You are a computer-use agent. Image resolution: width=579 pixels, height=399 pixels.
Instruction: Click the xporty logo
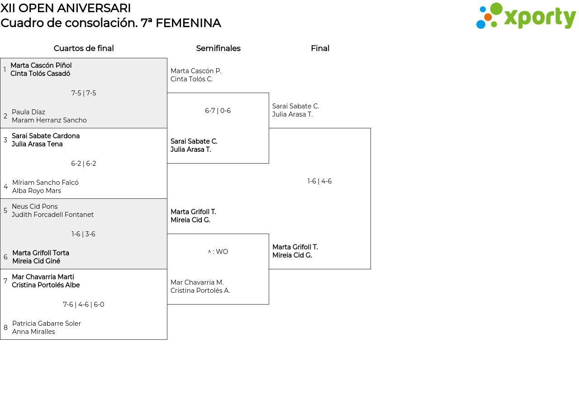(526, 16)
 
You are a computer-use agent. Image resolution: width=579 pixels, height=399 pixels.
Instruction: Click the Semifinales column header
(218, 48)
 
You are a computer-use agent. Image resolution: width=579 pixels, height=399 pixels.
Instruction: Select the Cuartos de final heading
(84, 48)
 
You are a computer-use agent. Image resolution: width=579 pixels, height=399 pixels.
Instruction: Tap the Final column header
(320, 48)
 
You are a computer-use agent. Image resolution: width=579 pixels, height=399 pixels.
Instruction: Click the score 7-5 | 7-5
(84, 93)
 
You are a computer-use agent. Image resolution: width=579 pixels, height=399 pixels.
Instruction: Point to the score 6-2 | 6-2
(84, 164)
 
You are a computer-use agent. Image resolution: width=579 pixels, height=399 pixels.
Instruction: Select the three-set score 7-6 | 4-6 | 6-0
(84, 305)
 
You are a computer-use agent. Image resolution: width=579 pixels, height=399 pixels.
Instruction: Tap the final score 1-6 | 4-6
(319, 181)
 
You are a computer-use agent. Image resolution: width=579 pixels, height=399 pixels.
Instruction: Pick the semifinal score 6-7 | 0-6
(218, 111)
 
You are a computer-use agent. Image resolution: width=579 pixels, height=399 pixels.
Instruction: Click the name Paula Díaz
(28, 112)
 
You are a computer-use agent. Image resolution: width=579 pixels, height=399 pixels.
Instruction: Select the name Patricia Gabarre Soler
(47, 324)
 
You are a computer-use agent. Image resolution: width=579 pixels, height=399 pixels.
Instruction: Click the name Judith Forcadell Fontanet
(53, 215)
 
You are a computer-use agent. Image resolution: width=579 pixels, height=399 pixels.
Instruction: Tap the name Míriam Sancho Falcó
(45, 182)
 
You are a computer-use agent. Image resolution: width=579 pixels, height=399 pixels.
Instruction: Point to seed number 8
(5, 328)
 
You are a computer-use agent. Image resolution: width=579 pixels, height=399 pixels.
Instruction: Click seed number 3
(5, 140)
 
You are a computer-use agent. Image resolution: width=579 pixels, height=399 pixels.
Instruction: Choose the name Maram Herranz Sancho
(49, 120)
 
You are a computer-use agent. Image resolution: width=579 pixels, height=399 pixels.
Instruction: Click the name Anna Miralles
(33, 332)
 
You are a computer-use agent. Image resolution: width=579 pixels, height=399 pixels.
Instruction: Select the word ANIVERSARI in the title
(94, 8)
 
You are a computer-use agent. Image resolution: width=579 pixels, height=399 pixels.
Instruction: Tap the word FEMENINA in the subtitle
(189, 23)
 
